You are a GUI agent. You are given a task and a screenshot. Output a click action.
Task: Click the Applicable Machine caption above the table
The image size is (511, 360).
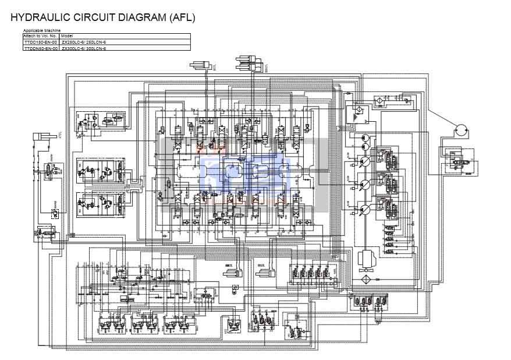pyautogui.click(x=41, y=30)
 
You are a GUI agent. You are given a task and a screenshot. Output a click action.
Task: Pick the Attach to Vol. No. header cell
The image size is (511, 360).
pyautogui.click(x=40, y=36)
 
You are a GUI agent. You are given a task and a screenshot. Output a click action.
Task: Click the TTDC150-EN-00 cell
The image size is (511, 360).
pyautogui.click(x=40, y=43)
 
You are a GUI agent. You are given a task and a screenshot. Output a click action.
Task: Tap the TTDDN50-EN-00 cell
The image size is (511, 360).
pyautogui.click(x=40, y=48)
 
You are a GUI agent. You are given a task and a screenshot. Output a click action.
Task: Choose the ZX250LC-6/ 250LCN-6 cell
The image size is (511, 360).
pyautogui.click(x=84, y=43)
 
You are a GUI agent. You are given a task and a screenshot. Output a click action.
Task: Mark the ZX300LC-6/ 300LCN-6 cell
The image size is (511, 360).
pyautogui.click(x=84, y=48)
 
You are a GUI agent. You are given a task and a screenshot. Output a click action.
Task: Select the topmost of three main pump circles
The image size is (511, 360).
pyautogui.click(x=365, y=161)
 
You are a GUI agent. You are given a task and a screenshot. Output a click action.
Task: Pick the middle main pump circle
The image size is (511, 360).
pyautogui.click(x=365, y=185)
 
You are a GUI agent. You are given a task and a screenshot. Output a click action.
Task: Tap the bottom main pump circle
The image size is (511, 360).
pyautogui.click(x=365, y=209)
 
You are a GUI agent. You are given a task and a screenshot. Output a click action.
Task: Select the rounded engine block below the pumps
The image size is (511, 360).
pyautogui.click(x=367, y=257)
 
